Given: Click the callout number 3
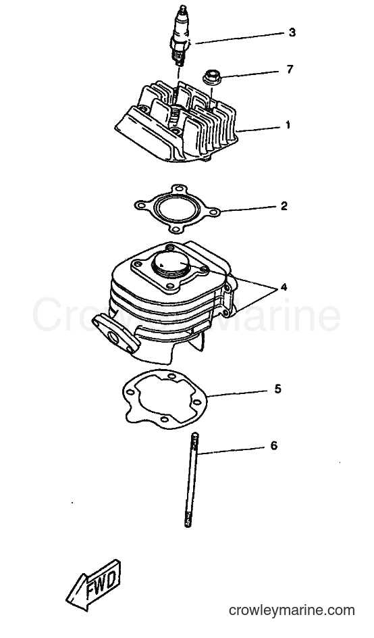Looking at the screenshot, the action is [292, 32].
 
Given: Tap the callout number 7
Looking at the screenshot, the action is [290, 70].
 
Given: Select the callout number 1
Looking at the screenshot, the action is [288, 125].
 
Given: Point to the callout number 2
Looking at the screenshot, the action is [284, 206].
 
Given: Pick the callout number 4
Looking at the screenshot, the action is [284, 287].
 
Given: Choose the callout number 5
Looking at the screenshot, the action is [277, 389].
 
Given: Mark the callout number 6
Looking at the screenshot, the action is [273, 446].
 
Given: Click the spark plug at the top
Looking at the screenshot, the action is [180, 36].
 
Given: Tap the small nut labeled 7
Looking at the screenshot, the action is [210, 77].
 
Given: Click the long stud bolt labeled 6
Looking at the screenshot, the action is [192, 480].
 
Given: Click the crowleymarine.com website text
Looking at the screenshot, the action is [292, 610].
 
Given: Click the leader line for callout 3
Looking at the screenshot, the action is [239, 37].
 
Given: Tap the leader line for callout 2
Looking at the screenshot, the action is [248, 209].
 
